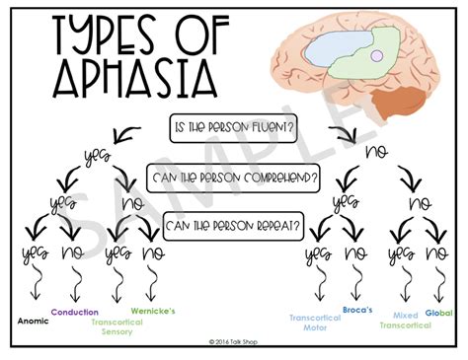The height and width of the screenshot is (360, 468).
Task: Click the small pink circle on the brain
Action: tap(375, 57)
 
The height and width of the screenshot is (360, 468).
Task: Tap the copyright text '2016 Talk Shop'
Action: tap(234, 342)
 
